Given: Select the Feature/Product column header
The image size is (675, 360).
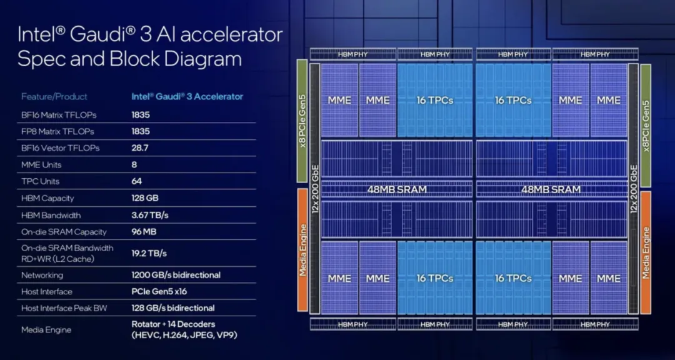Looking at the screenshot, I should (54, 97).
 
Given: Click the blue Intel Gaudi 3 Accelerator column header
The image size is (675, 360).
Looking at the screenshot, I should (187, 97).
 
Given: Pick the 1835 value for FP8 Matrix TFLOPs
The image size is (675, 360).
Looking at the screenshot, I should (141, 132).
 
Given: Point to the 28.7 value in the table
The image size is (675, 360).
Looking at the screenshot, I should (141, 148).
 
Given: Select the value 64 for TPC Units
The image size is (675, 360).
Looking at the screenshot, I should (137, 181).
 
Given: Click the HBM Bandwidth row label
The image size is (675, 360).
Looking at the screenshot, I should (51, 215).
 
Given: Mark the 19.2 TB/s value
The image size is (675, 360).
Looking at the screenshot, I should (149, 254).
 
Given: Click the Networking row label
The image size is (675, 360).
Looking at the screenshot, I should (42, 275).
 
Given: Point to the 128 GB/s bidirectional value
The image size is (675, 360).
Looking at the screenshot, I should (173, 308).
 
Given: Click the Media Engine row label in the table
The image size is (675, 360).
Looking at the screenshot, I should (46, 329).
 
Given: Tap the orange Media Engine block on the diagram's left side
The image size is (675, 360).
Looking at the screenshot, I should (302, 251).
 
